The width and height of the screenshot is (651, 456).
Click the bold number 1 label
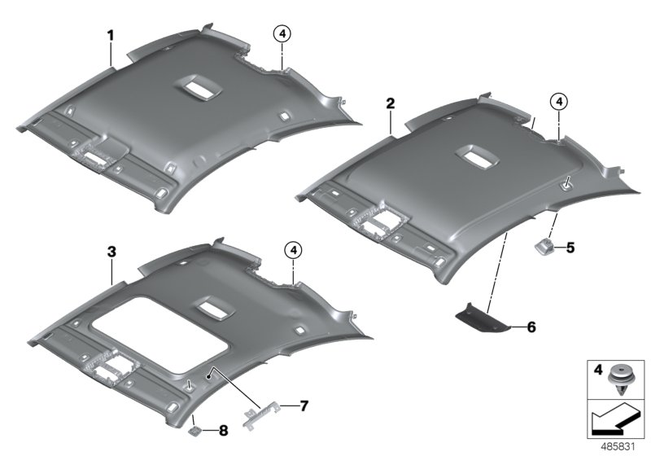[111, 36]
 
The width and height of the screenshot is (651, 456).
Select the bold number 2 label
[391, 103]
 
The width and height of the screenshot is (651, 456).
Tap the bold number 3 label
[111, 252]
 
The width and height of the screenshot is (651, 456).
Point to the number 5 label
[570, 248]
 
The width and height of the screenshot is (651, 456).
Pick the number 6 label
[531, 327]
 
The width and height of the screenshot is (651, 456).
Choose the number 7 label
[304, 406]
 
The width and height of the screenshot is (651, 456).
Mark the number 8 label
[223, 431]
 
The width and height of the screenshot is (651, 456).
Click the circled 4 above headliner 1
[282, 34]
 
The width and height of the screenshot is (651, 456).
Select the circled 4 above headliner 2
[559, 101]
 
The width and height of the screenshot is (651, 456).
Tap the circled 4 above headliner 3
[294, 250]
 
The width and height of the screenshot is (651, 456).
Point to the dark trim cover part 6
[482, 318]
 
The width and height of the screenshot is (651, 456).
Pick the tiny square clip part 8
[194, 431]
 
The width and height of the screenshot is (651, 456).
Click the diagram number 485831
[618, 447]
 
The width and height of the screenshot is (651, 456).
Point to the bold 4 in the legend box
[598, 369]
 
